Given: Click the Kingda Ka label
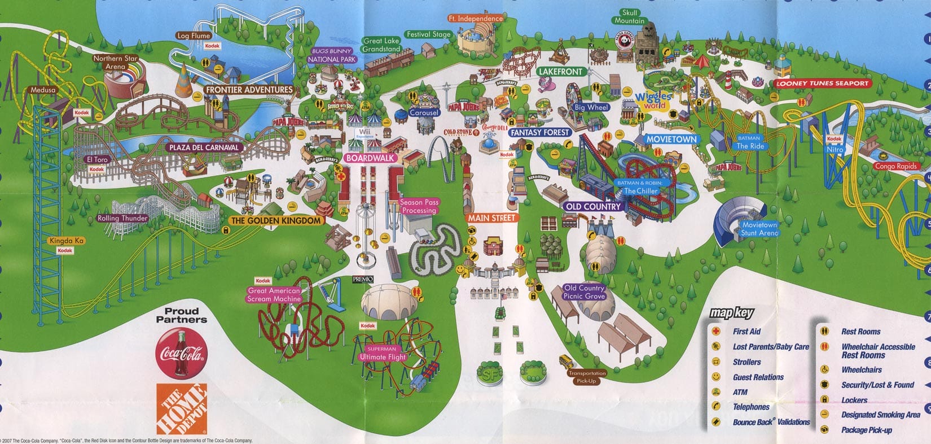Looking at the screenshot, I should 67,241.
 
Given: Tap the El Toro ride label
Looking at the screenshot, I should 97,160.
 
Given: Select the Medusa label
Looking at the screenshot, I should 43,90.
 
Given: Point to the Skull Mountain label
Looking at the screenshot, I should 629,17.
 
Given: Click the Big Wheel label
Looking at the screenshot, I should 591,107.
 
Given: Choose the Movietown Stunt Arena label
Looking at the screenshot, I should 759,229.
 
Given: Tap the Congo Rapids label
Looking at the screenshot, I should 895,166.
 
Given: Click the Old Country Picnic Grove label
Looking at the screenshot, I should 584,292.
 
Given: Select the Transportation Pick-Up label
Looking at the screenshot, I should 587,377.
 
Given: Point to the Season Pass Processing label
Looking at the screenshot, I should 419,206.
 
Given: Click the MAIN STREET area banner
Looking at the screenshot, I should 491,218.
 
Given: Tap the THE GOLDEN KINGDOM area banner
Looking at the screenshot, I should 276,221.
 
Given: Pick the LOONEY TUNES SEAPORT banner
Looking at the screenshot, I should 822,84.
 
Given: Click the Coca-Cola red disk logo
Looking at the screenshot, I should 181,354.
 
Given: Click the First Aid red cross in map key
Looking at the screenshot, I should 716,332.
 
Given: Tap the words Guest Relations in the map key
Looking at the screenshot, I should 758,377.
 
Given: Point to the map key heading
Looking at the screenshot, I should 731,312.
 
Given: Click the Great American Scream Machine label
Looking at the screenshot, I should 274,295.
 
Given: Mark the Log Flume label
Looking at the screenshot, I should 194,36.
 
